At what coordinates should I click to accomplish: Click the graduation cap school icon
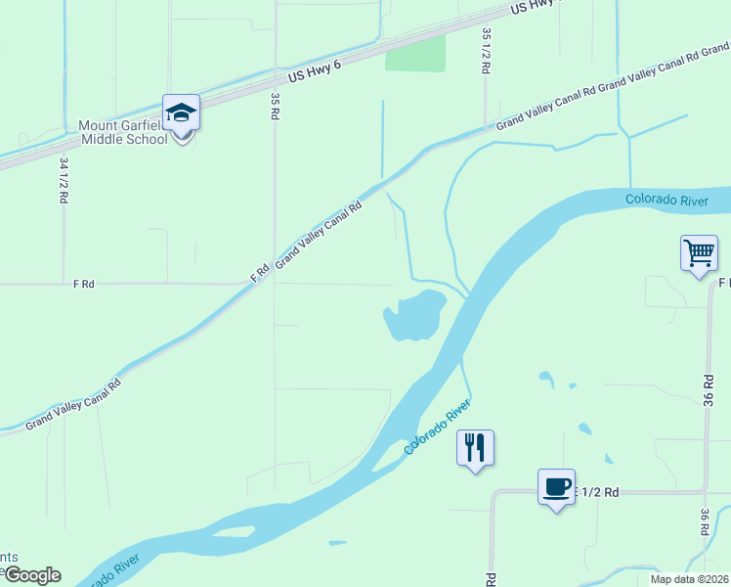click(x=181, y=113)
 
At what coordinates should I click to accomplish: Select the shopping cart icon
click(x=700, y=253)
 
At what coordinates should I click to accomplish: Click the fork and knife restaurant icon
click(x=475, y=448)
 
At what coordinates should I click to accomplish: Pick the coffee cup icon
click(x=557, y=486)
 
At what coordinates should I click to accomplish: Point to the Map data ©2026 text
click(x=690, y=579)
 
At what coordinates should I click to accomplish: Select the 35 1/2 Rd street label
click(x=486, y=47)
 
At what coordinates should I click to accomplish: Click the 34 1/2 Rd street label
click(x=64, y=180)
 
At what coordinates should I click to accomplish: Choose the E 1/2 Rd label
click(x=597, y=492)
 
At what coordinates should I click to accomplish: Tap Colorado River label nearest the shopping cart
click(x=666, y=201)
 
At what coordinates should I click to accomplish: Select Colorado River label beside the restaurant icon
click(x=438, y=427)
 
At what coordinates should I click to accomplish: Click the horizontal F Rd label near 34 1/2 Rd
click(x=83, y=284)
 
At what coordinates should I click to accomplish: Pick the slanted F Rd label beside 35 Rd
click(x=260, y=272)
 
